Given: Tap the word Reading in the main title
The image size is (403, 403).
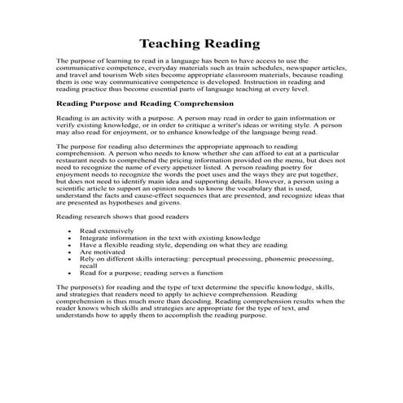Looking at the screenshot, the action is [x=232, y=42].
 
